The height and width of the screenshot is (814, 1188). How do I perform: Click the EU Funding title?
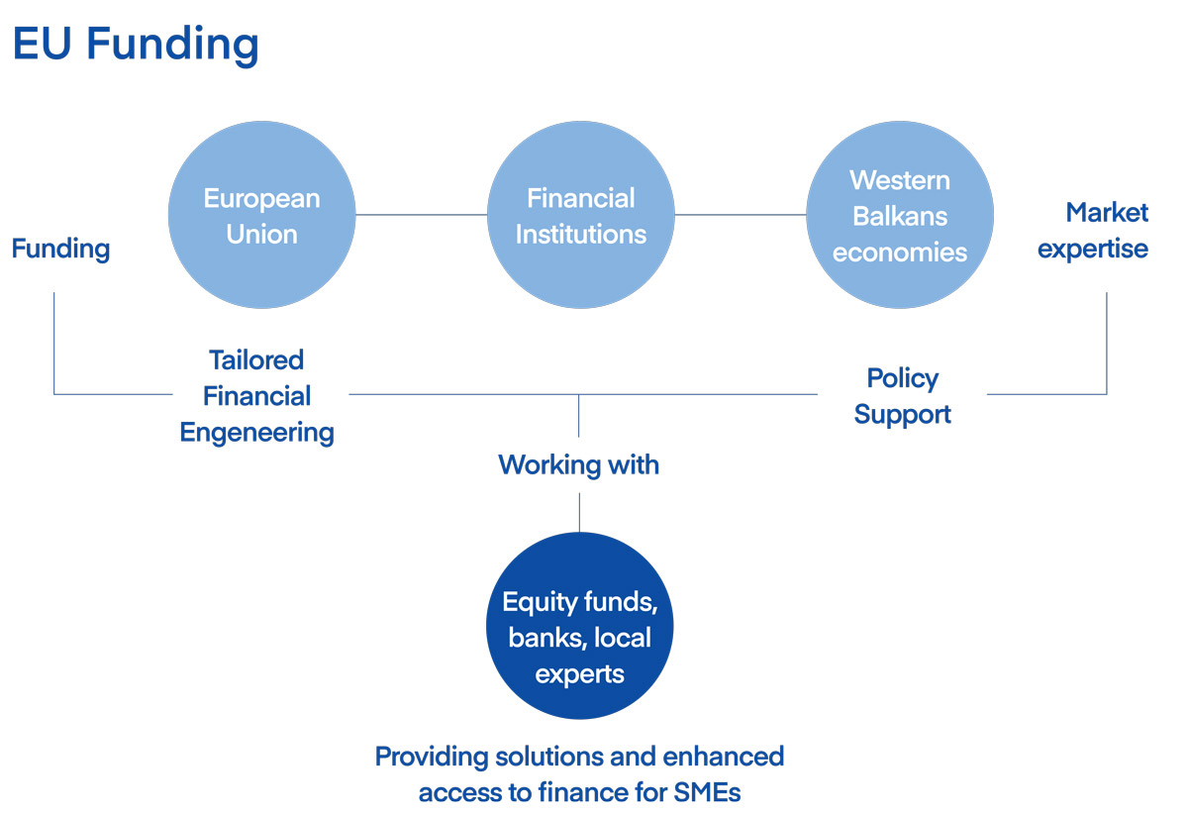(x=136, y=46)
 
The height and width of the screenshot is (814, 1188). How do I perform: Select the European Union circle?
(x=262, y=215)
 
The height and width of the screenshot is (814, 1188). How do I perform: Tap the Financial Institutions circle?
(x=581, y=215)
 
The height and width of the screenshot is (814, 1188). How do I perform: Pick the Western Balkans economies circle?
(x=900, y=215)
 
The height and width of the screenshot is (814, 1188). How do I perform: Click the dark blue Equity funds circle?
(x=580, y=626)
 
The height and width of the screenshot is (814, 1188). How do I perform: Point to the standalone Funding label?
(x=61, y=250)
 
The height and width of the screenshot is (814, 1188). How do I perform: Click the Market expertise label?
(x=1093, y=232)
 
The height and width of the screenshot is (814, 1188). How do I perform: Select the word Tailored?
(x=256, y=359)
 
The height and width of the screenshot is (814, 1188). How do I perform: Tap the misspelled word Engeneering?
(x=257, y=433)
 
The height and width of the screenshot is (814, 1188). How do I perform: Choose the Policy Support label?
(x=903, y=396)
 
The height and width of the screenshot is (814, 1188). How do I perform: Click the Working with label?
(x=578, y=465)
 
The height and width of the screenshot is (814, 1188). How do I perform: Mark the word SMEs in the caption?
(x=708, y=793)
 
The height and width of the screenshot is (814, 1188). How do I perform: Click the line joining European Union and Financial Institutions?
(x=422, y=215)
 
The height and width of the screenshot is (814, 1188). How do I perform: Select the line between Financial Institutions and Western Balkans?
(x=741, y=215)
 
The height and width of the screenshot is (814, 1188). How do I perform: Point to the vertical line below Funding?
(x=54, y=344)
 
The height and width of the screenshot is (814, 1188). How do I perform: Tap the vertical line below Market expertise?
(x=1107, y=344)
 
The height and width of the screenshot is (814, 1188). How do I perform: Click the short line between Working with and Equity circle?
(x=579, y=513)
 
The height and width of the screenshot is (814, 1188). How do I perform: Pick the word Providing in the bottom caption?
(x=432, y=758)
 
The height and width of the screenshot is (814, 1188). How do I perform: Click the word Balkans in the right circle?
(x=900, y=217)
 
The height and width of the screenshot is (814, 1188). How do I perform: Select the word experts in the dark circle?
(x=580, y=675)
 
